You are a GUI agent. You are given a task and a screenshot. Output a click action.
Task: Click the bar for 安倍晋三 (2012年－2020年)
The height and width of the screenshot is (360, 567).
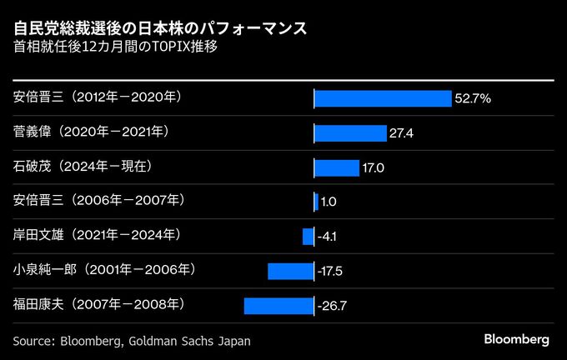(382, 98)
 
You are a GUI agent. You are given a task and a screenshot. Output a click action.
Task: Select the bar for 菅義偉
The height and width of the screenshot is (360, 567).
(350, 133)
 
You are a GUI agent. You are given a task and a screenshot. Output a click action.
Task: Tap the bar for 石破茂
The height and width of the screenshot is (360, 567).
(336, 167)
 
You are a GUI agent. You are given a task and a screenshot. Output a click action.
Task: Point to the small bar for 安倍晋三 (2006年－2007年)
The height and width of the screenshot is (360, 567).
(316, 202)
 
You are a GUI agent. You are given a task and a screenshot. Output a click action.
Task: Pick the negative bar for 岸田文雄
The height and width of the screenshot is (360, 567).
(308, 237)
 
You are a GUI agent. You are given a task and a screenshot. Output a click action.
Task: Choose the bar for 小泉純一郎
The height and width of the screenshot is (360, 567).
(290, 271)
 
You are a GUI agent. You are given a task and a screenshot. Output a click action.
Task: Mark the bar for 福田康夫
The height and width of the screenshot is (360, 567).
(278, 306)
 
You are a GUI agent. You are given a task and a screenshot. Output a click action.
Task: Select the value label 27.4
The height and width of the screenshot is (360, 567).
(401, 133)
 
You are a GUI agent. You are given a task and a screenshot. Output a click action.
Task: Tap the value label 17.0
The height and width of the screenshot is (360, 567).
(373, 168)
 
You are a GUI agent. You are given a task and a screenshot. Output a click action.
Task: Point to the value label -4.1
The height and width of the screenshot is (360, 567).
(327, 237)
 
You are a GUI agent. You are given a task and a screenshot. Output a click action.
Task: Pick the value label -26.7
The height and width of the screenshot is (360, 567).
(332, 307)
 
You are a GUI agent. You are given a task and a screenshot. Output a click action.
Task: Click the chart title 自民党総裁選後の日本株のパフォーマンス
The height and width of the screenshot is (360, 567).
(159, 28)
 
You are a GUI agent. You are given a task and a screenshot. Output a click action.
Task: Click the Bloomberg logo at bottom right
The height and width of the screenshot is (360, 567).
(516, 340)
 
